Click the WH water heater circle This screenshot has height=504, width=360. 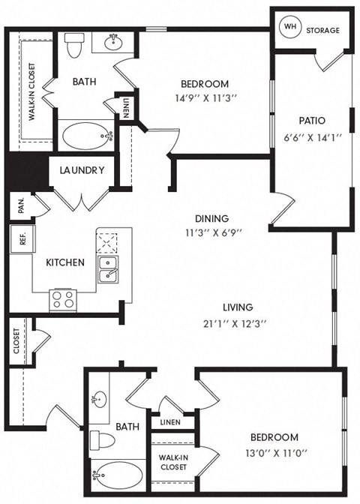tap(289, 26)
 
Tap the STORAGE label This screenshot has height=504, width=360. tap(323, 31)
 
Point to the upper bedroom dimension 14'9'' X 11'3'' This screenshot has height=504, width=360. tap(205, 97)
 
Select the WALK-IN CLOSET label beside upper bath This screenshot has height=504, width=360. tap(32, 91)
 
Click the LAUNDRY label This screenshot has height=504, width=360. tap(82, 170)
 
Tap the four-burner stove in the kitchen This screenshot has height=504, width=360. tap(62, 299)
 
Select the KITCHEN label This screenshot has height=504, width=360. tap(65, 262)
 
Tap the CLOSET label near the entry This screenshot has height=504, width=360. tap(17, 341)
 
